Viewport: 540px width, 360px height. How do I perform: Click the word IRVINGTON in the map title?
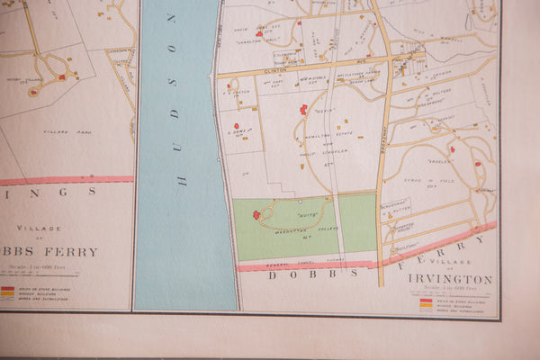[449, 279]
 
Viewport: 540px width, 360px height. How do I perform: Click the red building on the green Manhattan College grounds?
[256, 215]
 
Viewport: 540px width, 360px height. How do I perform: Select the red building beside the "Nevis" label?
[303, 110]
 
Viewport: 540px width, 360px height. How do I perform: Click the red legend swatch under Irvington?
[425, 301]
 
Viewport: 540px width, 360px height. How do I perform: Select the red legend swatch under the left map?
[7, 289]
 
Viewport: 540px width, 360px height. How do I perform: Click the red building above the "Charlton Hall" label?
[259, 33]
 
